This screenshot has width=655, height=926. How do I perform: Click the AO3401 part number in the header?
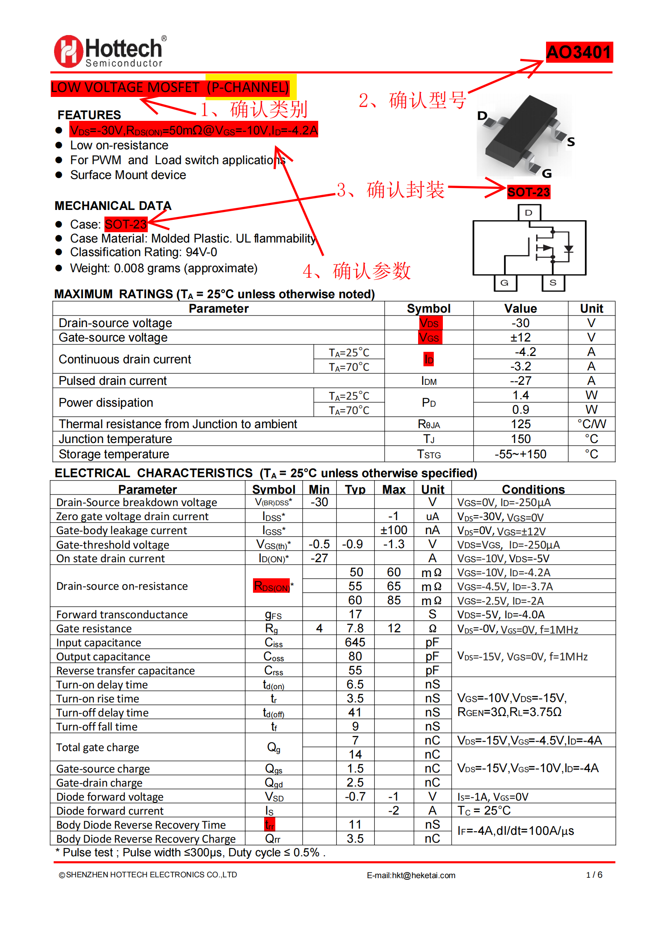click(x=579, y=52)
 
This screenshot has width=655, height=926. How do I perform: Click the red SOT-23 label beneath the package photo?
click(x=528, y=192)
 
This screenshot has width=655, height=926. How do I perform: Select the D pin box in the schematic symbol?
click(x=529, y=213)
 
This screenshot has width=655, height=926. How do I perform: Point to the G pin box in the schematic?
click(x=504, y=283)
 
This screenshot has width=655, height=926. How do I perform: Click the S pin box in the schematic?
click(x=553, y=283)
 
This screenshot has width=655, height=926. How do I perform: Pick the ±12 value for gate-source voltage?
click(x=520, y=337)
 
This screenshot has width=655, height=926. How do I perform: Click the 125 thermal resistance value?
click(x=520, y=424)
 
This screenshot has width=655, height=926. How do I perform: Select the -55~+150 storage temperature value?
click(x=520, y=454)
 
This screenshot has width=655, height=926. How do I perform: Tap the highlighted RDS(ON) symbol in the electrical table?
click(x=272, y=586)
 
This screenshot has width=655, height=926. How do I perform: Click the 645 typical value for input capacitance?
click(x=355, y=642)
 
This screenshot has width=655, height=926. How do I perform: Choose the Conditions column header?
click(x=533, y=489)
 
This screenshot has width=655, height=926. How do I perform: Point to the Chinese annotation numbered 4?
click(x=357, y=271)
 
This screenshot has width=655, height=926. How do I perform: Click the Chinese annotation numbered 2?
click(x=412, y=100)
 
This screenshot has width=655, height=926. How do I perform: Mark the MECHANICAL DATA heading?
click(x=113, y=205)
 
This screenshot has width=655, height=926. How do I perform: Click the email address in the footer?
click(x=411, y=875)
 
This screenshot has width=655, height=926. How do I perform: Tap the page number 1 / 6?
click(x=594, y=875)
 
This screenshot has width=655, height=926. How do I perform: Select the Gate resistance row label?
click(x=94, y=629)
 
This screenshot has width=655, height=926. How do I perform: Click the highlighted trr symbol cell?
click(x=270, y=825)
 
